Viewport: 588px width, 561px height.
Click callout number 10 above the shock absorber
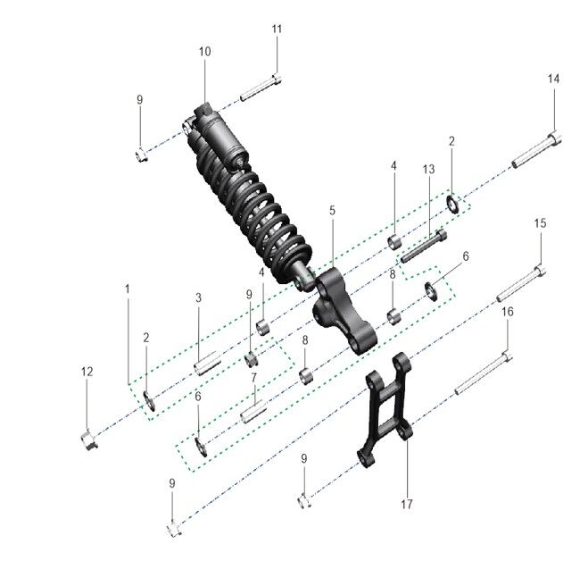[x=204, y=52]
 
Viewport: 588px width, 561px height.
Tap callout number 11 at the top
[x=277, y=29]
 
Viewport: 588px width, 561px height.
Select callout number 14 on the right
[x=553, y=80]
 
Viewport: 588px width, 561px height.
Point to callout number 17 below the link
[x=407, y=505]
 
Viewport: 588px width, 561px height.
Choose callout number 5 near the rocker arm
[x=332, y=211]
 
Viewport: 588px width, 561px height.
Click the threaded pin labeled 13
[x=422, y=247]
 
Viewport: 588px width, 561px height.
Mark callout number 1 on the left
[x=128, y=289]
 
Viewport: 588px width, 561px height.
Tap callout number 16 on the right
[x=508, y=312]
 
